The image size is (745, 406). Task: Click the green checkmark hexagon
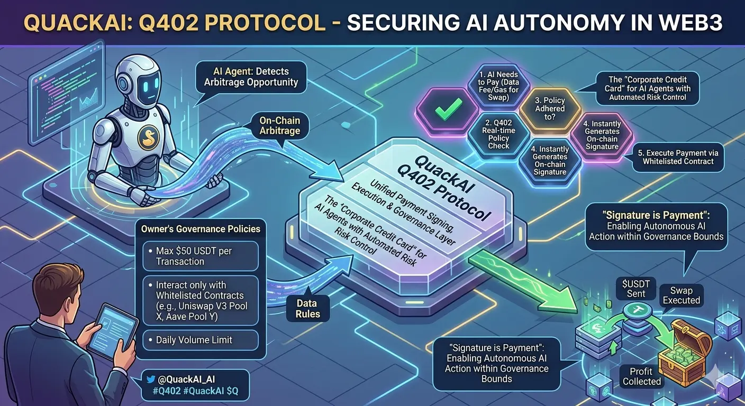pyautogui.click(x=442, y=109)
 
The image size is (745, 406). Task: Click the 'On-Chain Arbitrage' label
pyautogui.click(x=280, y=125)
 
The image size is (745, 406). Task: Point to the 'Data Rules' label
pyautogui.click(x=307, y=309)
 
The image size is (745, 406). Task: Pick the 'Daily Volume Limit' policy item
pyautogui.click(x=200, y=340)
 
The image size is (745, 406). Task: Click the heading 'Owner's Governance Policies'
pyautogui.click(x=201, y=229)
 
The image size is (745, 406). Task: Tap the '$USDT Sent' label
pyautogui.click(x=635, y=289)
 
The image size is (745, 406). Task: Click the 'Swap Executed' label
pyautogui.click(x=681, y=295)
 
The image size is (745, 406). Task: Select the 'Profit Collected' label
pyautogui.click(x=641, y=376)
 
